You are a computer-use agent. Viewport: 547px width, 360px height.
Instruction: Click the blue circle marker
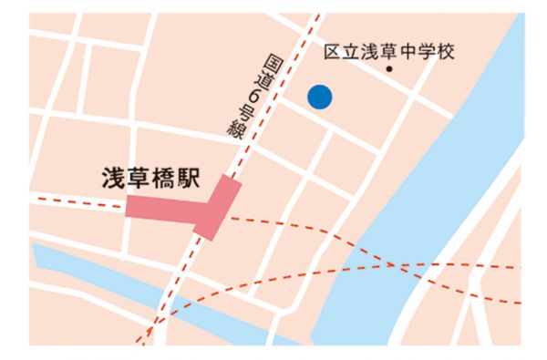319,96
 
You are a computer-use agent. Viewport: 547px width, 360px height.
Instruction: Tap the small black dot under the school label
389,69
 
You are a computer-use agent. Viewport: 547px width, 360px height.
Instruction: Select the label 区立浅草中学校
389,51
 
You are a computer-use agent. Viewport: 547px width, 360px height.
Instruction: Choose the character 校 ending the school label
445,51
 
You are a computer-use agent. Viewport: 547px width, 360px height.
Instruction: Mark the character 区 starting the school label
333,51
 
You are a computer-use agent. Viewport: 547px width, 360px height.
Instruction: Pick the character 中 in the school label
408,51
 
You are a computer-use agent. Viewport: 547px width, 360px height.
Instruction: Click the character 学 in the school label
426,51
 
